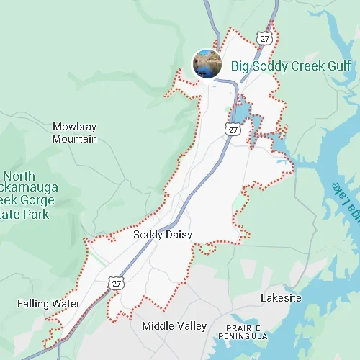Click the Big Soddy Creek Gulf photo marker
[207, 63]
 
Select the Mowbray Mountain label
[74, 132]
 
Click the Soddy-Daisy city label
[161, 235]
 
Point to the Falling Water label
[48, 304]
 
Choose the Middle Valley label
[174, 326]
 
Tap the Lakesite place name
[281, 298]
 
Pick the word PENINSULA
[245, 336]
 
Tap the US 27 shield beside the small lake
[232, 129]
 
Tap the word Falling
[33, 304]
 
